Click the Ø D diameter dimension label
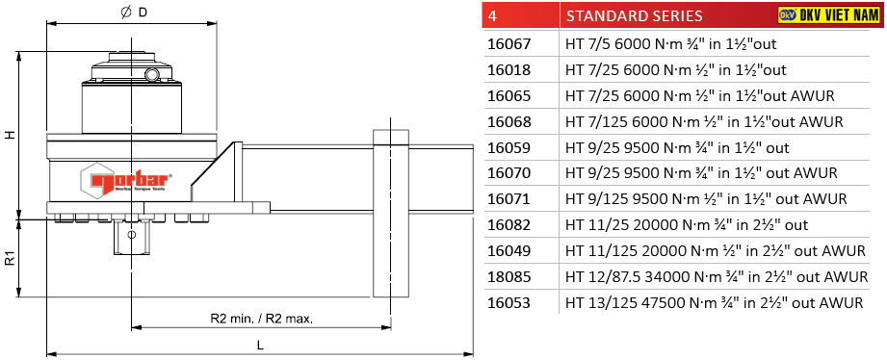tap(134, 12)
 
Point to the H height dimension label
tap(9, 136)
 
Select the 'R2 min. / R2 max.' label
tap(261, 319)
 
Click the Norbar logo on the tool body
tap(126, 181)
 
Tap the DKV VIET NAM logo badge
tap(830, 15)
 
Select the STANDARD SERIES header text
tap(634, 15)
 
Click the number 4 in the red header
tap(492, 15)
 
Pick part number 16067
tap(509, 43)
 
